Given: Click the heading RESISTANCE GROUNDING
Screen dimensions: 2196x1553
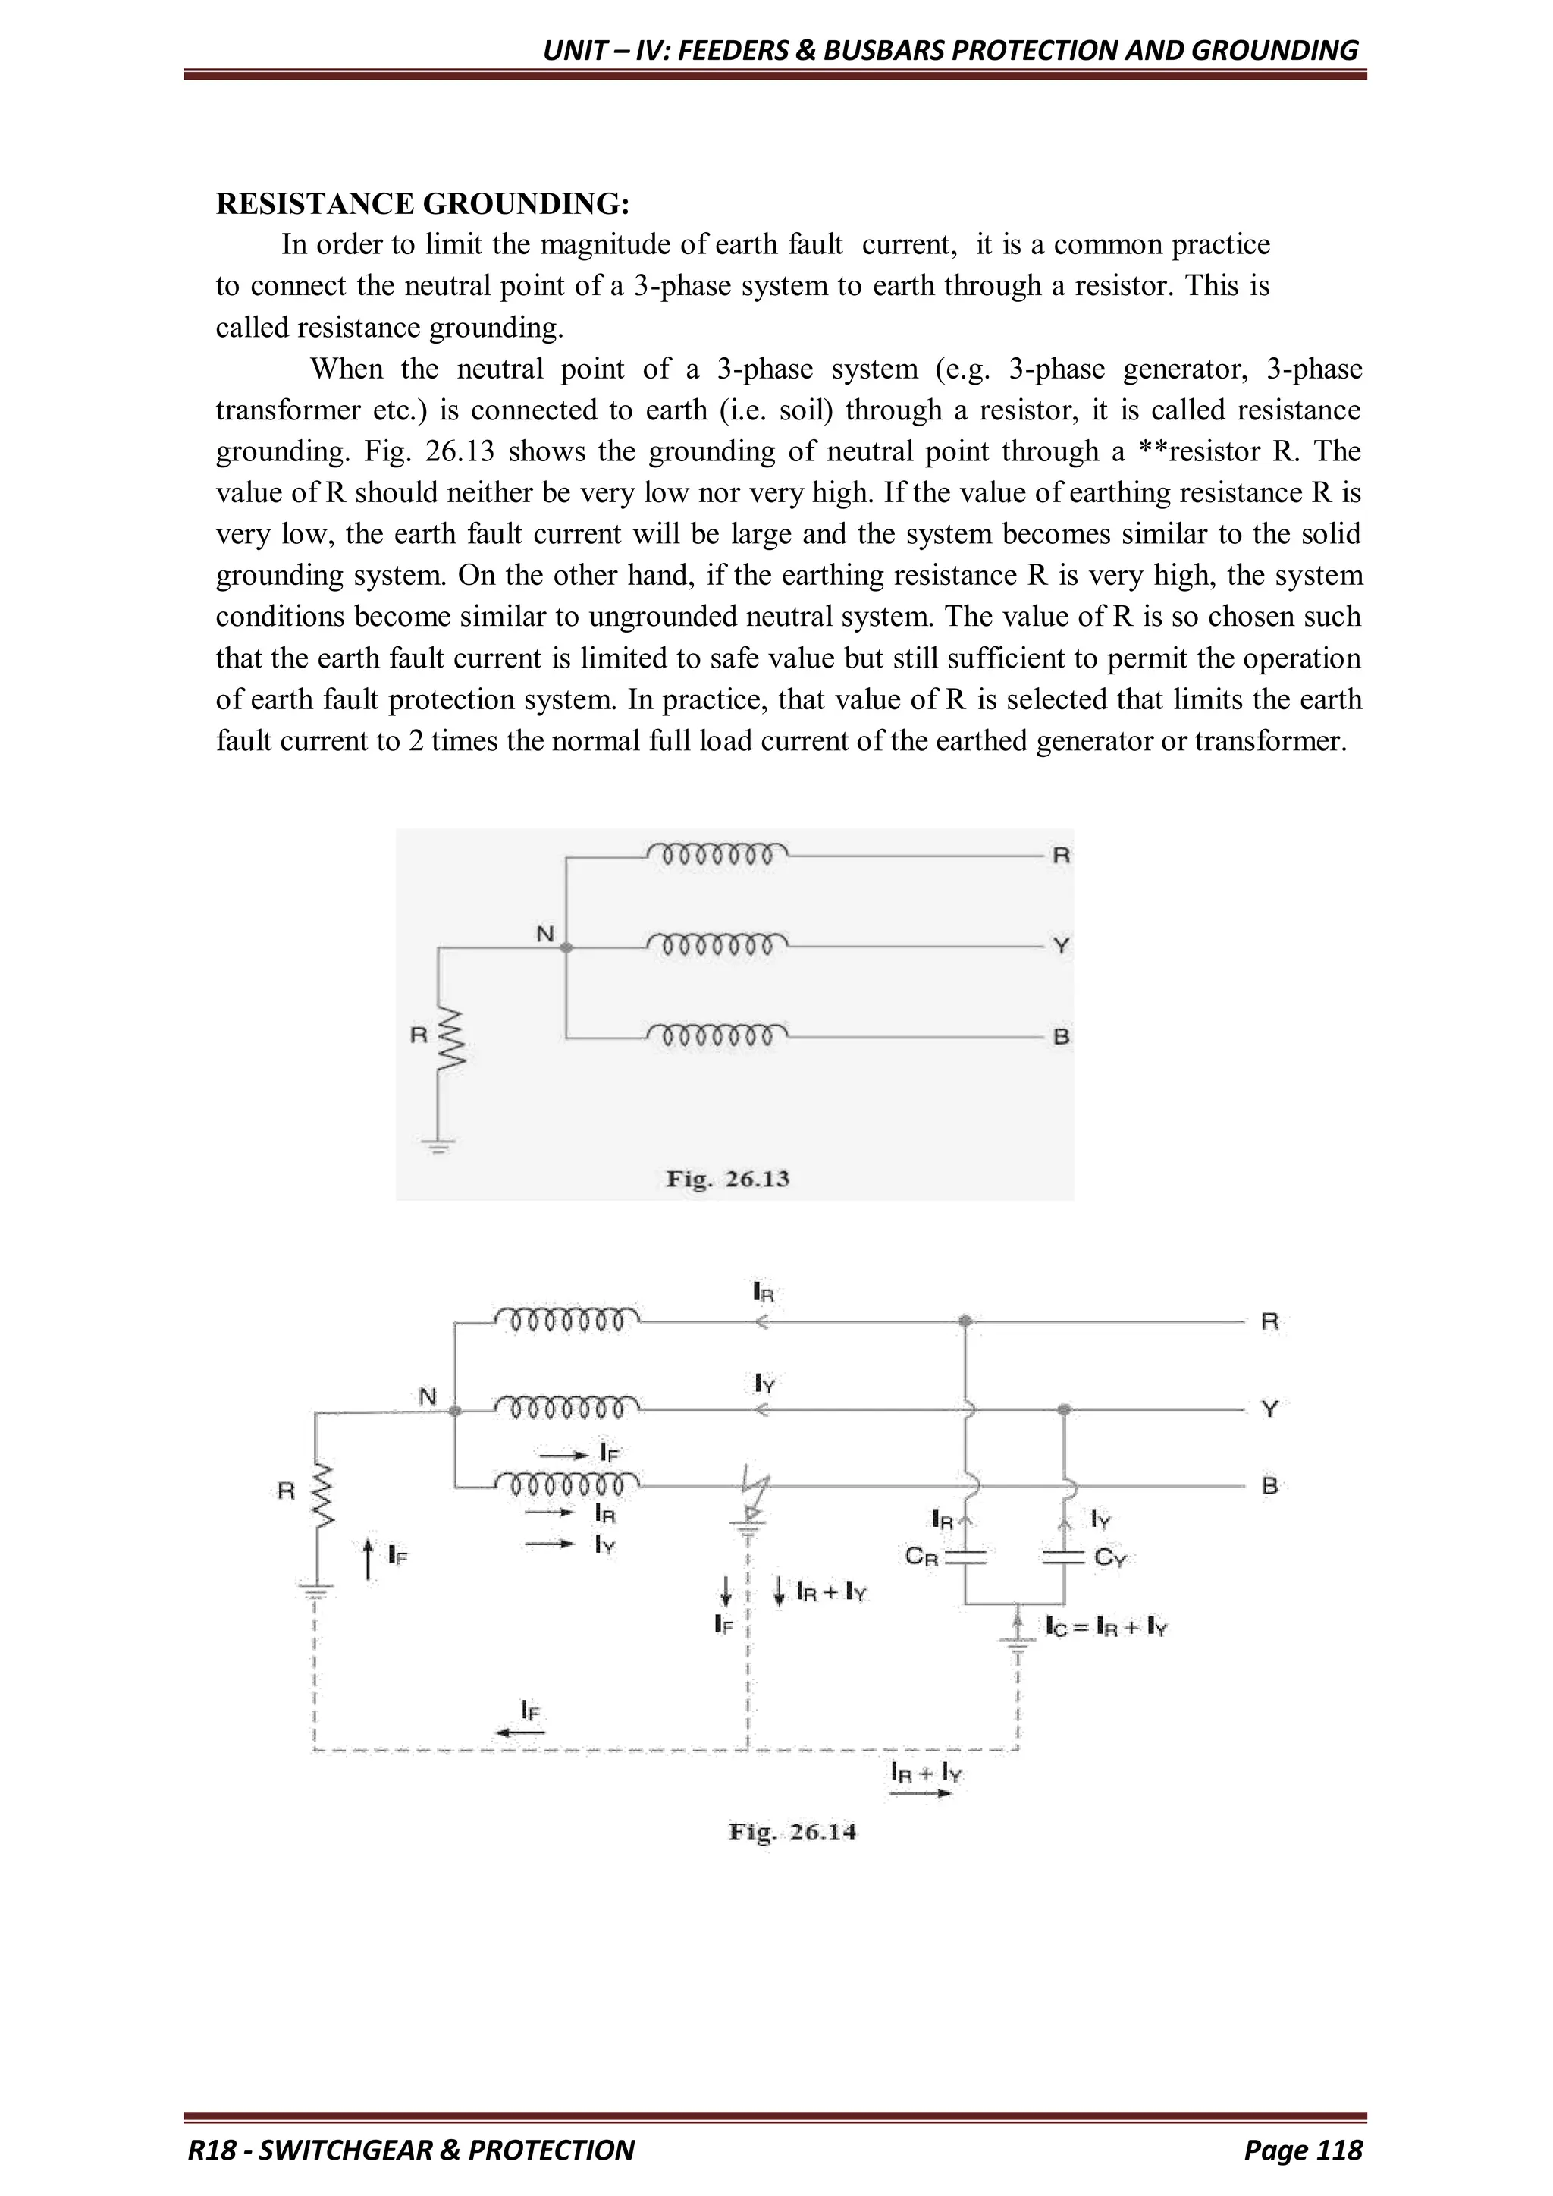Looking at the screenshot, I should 422,204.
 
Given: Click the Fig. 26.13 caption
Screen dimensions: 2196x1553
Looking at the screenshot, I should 728,1178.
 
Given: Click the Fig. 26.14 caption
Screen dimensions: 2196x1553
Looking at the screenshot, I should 792,1832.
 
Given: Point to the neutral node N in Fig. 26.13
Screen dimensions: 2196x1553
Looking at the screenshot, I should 566,948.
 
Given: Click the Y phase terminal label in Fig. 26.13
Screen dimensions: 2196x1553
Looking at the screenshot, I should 1061,946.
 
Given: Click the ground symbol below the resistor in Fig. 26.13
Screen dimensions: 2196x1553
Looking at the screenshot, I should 438,1144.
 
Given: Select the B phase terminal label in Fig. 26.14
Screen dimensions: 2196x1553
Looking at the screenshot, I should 1269,1485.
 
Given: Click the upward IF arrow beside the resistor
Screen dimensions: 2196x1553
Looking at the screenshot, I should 369,1558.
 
